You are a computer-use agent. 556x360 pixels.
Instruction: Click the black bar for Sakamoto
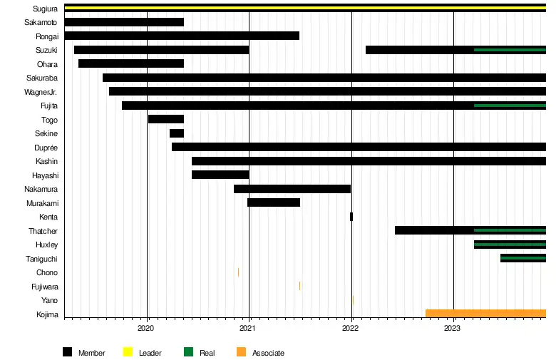click(124, 22)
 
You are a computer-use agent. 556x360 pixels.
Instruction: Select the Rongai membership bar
click(182, 36)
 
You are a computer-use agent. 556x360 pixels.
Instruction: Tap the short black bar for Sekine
click(177, 133)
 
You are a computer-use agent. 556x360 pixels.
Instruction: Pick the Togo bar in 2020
click(166, 119)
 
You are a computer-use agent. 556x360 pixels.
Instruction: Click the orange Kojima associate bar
click(485, 314)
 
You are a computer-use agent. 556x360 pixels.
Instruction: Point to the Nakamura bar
click(292, 189)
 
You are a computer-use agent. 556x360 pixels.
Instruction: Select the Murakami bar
click(274, 202)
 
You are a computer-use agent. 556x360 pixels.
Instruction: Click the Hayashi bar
click(220, 175)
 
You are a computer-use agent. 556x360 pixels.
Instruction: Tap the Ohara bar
click(131, 63)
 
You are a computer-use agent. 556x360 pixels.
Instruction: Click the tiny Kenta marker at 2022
click(351, 217)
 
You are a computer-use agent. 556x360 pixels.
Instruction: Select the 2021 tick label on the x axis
click(248, 329)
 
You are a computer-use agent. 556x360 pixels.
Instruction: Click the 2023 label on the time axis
click(453, 329)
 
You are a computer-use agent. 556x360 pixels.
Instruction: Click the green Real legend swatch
click(189, 352)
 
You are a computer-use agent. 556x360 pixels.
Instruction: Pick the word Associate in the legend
click(268, 353)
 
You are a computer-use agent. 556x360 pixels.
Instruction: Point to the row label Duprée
click(46, 148)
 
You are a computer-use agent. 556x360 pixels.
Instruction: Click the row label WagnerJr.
click(41, 92)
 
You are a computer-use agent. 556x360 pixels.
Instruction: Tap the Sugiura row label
click(46, 9)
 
